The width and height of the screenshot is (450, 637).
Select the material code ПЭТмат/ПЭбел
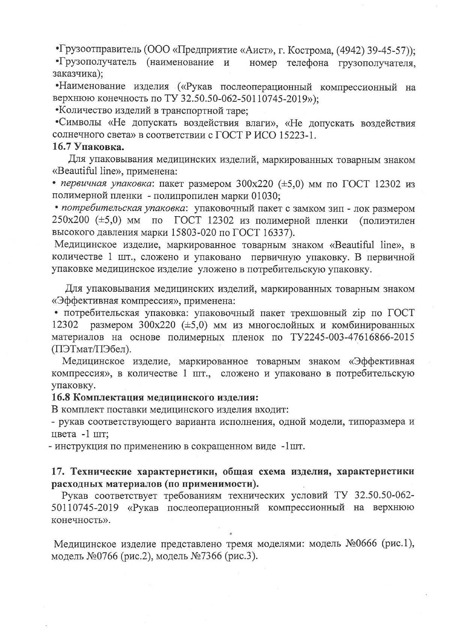(x=92, y=349)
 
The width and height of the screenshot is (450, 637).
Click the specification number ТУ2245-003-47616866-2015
(x=352, y=337)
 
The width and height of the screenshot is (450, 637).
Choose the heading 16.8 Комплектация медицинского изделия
(x=155, y=397)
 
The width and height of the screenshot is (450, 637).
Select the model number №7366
(x=202, y=556)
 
